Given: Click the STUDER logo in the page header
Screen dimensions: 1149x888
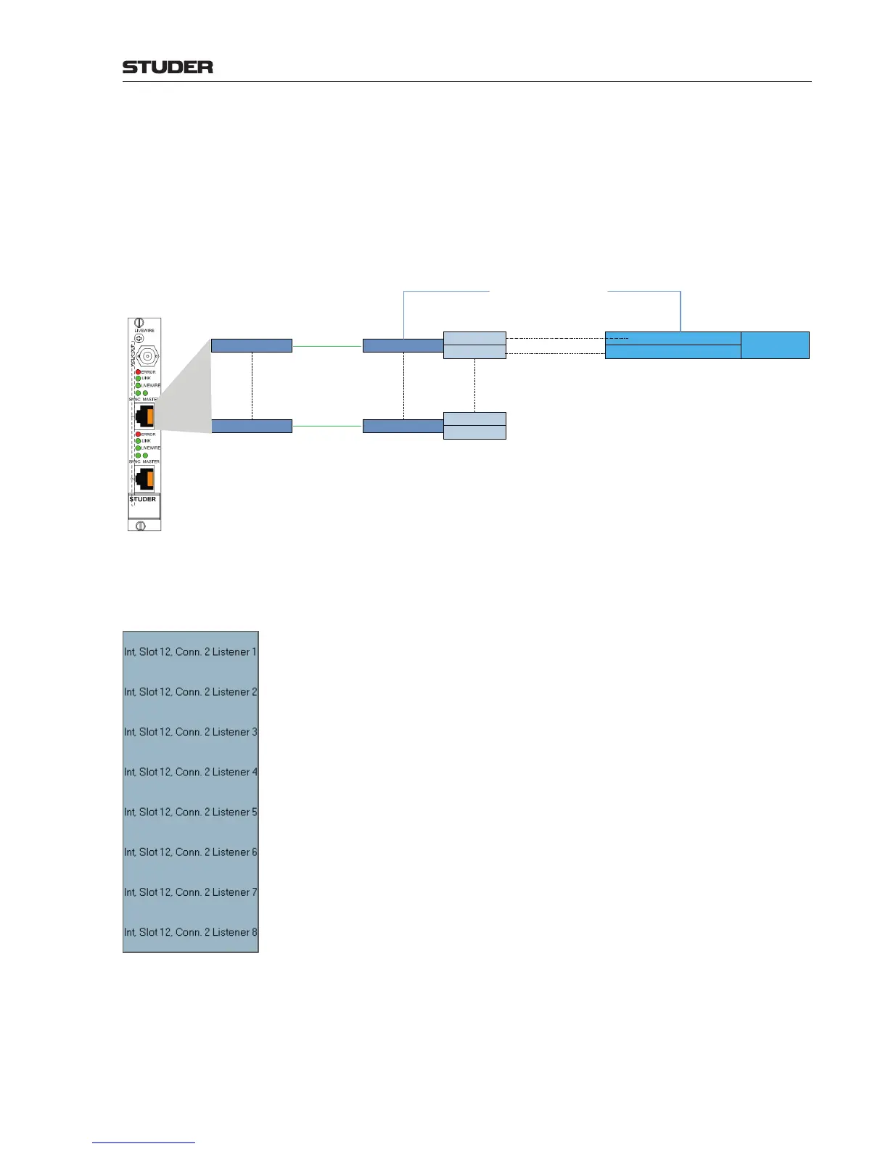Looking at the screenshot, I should pyautogui.click(x=168, y=67).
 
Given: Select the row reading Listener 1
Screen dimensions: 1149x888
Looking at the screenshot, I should pyautogui.click(x=190, y=651).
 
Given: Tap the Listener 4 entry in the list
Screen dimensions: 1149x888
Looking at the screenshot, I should pyautogui.click(x=190, y=772).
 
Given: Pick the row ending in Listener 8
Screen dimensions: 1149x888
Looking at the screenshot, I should pyautogui.click(x=190, y=932).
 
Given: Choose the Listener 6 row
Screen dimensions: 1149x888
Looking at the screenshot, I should pyautogui.click(x=190, y=852).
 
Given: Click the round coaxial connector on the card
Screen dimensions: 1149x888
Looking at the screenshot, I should pyautogui.click(x=147, y=356).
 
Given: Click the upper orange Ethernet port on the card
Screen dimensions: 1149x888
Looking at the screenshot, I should pyautogui.click(x=145, y=416).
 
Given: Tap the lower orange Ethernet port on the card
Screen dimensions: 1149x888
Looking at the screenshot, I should pyautogui.click(x=145, y=479).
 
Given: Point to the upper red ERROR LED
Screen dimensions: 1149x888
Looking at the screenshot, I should pyautogui.click(x=138, y=372).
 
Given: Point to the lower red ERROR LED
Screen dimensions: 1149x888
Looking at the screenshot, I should pyautogui.click(x=138, y=435).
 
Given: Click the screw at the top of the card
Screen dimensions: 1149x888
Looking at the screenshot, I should pyautogui.click(x=141, y=323).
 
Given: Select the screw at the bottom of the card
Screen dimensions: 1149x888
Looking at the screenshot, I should pyautogui.click(x=141, y=525).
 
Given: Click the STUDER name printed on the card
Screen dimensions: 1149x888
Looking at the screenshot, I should pyautogui.click(x=143, y=499).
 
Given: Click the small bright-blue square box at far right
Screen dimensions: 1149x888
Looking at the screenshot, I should pyautogui.click(x=775, y=345).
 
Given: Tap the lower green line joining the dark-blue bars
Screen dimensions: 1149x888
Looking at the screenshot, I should pyautogui.click(x=327, y=427).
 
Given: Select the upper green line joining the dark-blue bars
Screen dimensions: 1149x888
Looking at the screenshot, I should pyautogui.click(x=327, y=347).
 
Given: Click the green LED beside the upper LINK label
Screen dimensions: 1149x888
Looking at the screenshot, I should pyautogui.click(x=138, y=379).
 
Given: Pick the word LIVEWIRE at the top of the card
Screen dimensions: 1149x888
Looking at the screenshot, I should pyautogui.click(x=144, y=331).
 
